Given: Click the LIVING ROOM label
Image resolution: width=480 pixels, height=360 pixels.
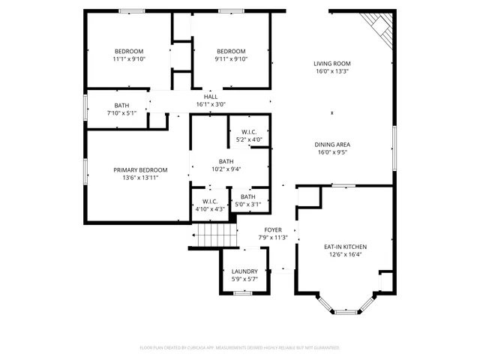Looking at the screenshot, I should click(x=332, y=64).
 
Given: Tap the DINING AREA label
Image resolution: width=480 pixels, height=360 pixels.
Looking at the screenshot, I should click(x=332, y=144).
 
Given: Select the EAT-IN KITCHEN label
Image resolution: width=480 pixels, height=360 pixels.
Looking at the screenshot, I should click(x=345, y=246).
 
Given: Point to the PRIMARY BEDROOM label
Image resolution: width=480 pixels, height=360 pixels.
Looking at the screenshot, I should click(x=140, y=169).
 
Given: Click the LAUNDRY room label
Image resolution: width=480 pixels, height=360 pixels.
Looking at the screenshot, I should click(x=244, y=271).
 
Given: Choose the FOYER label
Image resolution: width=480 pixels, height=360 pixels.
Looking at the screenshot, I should click(x=273, y=229).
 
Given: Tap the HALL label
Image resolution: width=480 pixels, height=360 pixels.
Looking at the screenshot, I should click(x=211, y=96).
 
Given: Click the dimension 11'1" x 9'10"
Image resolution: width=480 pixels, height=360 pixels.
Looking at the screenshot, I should click(x=129, y=59).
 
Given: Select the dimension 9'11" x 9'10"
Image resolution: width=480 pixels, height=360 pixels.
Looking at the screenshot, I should click(x=211, y=59).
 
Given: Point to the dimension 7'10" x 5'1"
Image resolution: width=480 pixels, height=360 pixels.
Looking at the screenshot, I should click(x=121, y=113).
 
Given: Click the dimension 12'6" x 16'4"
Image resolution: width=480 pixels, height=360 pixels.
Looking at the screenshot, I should click(x=345, y=254).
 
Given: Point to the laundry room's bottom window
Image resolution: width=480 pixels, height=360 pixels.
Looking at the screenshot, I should click(x=242, y=292).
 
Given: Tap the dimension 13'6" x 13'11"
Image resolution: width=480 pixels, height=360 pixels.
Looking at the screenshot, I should click(x=140, y=178).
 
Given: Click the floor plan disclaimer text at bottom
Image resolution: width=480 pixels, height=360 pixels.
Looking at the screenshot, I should click(x=240, y=348).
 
